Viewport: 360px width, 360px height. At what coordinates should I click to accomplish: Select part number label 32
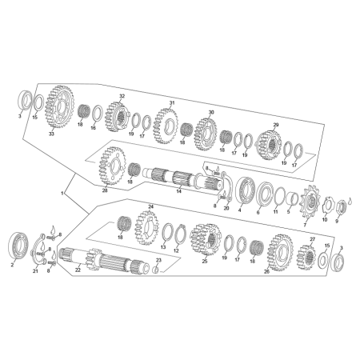(122, 96)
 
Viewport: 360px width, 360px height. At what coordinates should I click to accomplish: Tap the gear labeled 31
(166, 126)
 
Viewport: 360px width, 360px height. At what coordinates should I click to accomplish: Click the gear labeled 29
(270, 145)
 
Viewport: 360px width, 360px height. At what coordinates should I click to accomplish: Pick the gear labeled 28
(111, 166)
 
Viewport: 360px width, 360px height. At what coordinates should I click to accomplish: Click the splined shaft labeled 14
(182, 178)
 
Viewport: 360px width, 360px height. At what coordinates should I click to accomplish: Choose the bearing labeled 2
(18, 246)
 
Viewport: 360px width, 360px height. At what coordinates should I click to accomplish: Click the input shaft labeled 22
(104, 258)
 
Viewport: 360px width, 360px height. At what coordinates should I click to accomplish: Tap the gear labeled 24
(146, 227)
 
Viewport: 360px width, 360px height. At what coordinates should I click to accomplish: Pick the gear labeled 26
(280, 252)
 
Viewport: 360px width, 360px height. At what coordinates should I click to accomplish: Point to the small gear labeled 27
(306, 258)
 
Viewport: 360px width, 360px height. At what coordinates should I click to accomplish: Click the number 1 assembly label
(62, 193)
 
